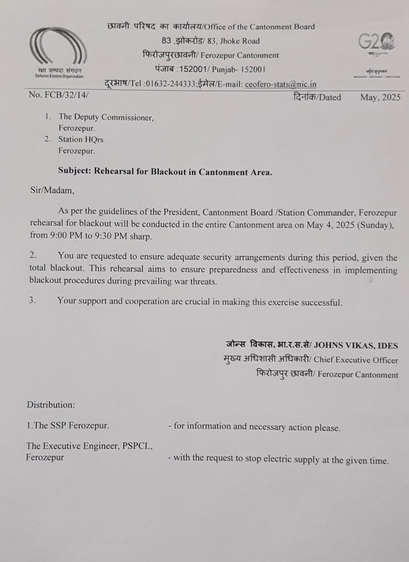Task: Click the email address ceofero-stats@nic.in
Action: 281,84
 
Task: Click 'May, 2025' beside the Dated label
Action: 380,97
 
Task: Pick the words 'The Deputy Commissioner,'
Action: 106,117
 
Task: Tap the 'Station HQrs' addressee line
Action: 81,140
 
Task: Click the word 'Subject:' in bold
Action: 74,172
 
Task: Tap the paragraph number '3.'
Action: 32,302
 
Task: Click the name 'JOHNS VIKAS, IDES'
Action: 356,346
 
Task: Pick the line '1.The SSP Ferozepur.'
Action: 68,425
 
